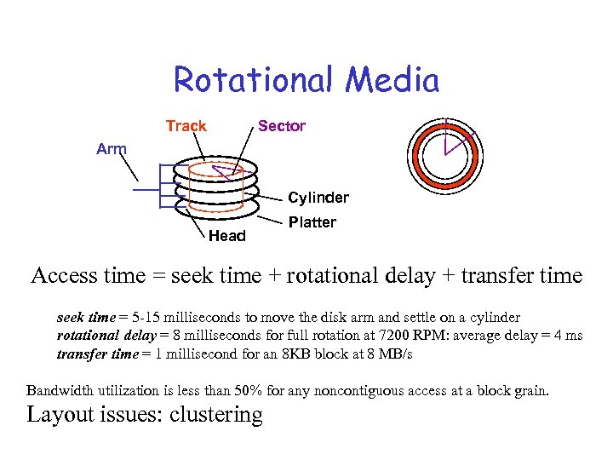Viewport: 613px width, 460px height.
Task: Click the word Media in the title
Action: coord(392,81)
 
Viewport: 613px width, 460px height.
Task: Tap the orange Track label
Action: coord(186,126)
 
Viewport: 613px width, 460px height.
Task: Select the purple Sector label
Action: coord(281,126)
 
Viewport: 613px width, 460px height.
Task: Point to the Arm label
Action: coord(111,149)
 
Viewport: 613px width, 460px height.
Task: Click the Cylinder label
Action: coord(318,198)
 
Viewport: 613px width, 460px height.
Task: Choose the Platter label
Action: coord(312,222)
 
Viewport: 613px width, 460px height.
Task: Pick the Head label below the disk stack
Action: coord(226,236)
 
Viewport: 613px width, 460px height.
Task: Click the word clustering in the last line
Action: coord(216,415)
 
